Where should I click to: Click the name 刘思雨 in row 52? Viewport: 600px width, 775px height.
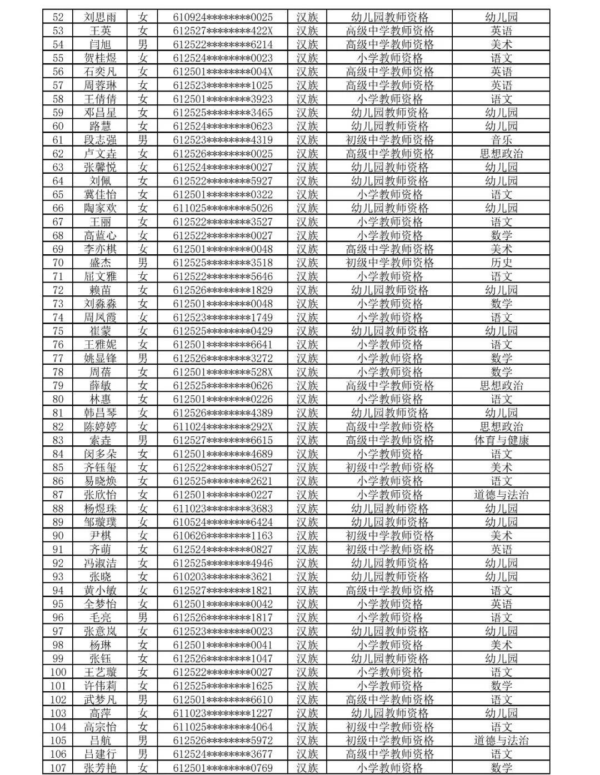tap(101, 17)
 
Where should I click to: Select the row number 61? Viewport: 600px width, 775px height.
tap(58, 140)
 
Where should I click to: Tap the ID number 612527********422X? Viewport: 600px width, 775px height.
tap(223, 31)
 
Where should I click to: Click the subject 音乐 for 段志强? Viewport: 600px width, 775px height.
tap(501, 140)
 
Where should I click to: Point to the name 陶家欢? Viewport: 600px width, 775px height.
tap(101, 208)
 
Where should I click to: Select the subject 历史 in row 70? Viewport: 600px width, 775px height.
tap(501, 263)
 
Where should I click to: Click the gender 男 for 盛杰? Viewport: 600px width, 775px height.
tap(143, 263)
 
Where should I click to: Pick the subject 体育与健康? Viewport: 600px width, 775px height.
tap(501, 440)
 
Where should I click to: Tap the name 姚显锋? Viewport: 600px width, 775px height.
tap(101, 358)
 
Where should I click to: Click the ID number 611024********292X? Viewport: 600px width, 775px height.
tap(223, 426)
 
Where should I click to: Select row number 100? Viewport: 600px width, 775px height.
tap(58, 672)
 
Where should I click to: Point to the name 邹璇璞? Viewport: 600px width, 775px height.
tap(101, 522)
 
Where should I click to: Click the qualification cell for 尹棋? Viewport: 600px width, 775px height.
tap(389, 536)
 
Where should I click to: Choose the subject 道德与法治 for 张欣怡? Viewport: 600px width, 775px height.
tap(501, 495)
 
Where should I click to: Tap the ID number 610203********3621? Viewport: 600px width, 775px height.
tap(223, 577)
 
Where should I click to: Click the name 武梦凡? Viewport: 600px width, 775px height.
tap(101, 699)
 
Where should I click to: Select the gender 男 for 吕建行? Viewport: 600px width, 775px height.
tap(143, 754)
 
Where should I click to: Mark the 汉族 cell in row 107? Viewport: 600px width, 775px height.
tap(307, 768)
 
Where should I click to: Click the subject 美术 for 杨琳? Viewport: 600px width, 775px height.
tap(501, 645)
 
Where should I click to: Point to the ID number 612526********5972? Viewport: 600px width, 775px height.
tap(223, 741)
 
